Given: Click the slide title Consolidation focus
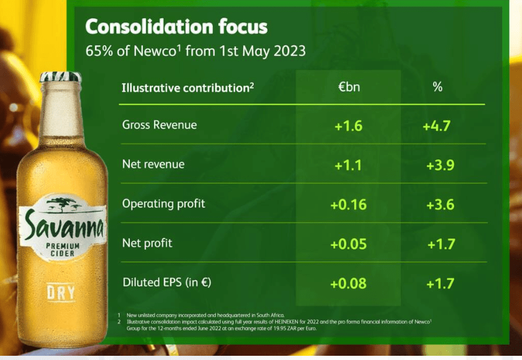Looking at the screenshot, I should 176,27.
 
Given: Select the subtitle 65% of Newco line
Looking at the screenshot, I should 195,50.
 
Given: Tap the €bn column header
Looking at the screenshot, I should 349,87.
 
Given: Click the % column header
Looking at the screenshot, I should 437,87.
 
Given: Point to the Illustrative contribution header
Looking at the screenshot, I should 188,88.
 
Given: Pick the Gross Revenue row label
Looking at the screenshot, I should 159,125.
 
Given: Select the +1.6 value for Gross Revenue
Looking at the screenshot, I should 349,126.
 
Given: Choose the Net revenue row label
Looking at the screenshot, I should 153,164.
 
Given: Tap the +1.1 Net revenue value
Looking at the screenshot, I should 349,165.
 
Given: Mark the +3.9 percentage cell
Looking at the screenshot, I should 440,165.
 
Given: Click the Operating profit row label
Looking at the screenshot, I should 164,204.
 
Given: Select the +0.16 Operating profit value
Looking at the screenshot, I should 348,204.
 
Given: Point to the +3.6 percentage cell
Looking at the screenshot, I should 440,204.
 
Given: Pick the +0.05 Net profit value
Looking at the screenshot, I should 348,243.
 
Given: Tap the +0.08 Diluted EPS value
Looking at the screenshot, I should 348,283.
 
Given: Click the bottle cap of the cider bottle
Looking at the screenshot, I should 60,77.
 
